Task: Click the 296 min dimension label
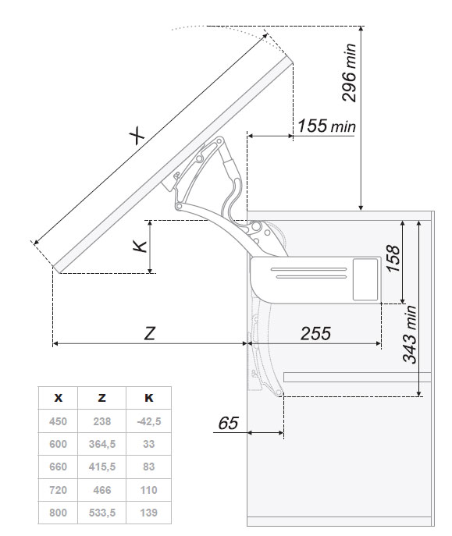tap(350, 73)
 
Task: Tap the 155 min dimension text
tap(326, 126)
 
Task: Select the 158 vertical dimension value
tap(393, 258)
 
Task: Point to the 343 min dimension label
tap(410, 334)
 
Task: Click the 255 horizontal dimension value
tap(315, 333)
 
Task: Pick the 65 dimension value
tap(228, 423)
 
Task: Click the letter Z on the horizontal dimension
tap(150, 333)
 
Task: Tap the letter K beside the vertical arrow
tap(140, 246)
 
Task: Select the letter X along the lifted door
tap(137, 136)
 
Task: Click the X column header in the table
tap(59, 398)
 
